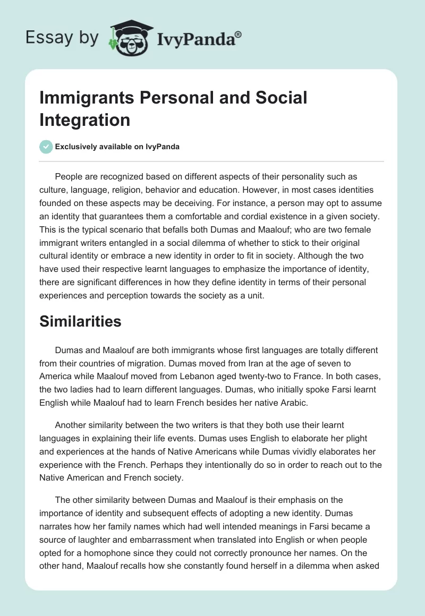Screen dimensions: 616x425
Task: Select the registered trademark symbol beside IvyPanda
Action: [239, 34]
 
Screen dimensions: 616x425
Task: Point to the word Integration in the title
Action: [84, 119]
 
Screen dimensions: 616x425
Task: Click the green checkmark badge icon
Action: [47, 147]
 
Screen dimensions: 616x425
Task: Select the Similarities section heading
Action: [80, 321]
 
